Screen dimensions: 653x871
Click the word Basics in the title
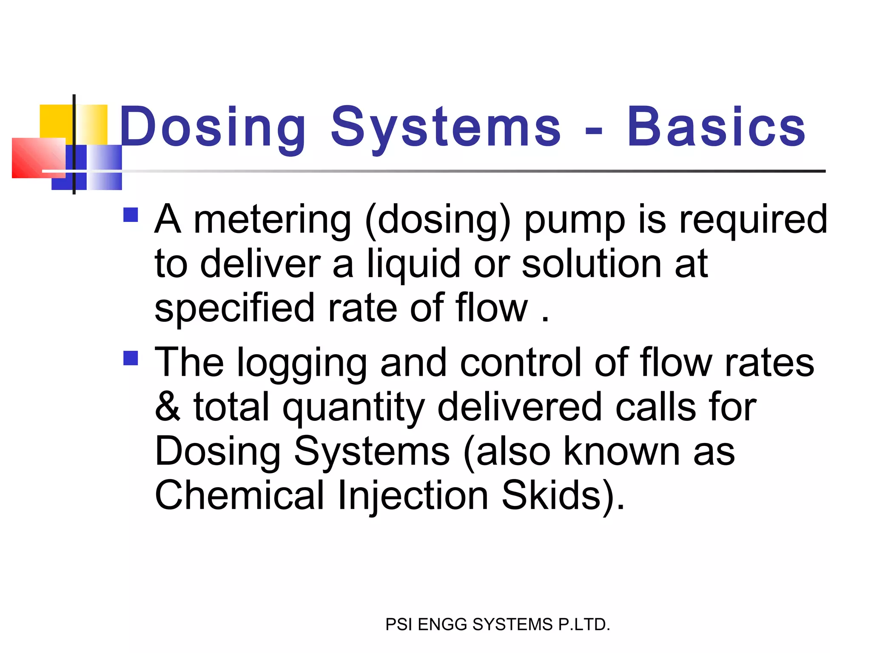716,127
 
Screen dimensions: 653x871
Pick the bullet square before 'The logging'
131,358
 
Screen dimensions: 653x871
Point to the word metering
272,220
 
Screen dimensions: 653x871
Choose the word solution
591,264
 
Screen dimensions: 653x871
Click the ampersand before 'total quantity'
168,407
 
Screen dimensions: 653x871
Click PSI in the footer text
399,625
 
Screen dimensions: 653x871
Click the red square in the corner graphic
38,158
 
